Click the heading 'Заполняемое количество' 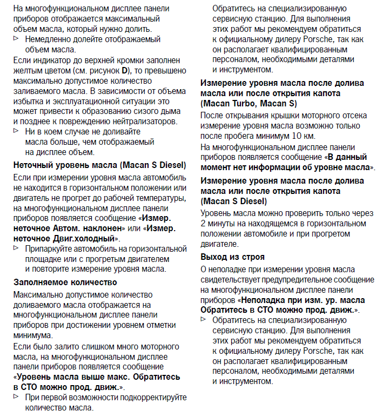[x=65, y=281]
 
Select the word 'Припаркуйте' [x=50, y=248]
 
